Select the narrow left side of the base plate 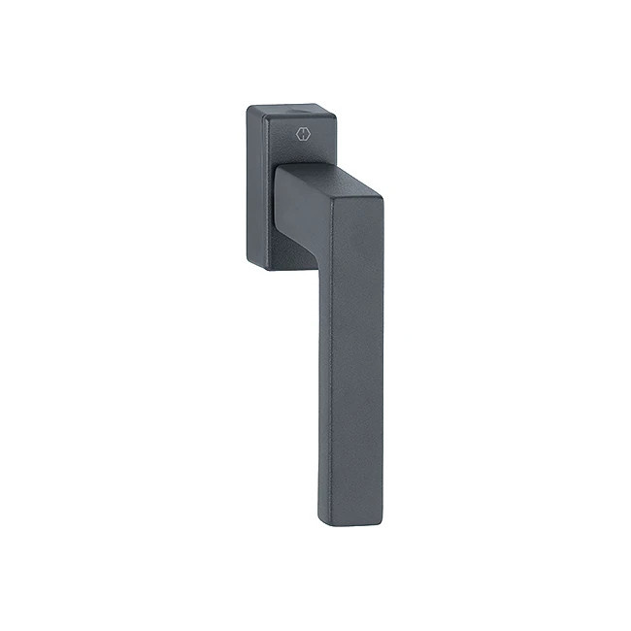click(251, 184)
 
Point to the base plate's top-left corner click(248, 109)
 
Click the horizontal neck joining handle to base click(311, 209)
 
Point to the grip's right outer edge click(382, 369)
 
